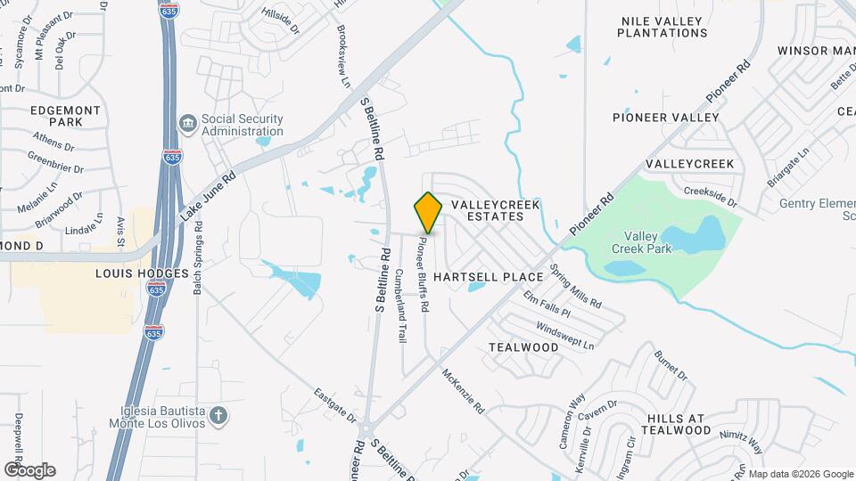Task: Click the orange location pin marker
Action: (428, 213)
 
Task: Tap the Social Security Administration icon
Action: (187, 125)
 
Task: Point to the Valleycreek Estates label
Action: (496, 211)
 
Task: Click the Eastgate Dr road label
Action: (336, 405)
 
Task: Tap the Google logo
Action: (30, 470)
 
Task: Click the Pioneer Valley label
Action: (665, 118)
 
